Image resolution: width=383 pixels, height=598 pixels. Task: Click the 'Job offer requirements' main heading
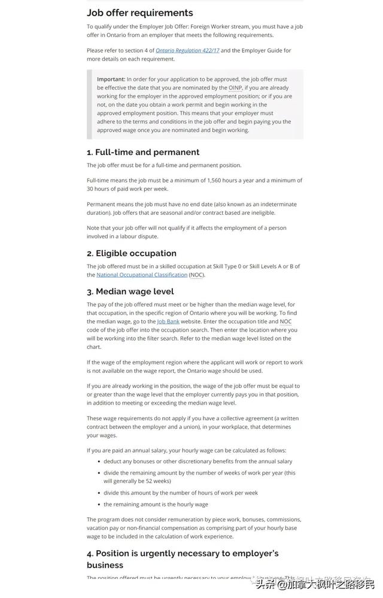point(140,13)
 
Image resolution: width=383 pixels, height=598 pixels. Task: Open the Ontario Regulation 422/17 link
point(187,51)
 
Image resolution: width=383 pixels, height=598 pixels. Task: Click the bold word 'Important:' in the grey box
point(111,79)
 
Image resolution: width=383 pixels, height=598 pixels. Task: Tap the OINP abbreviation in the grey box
point(235,87)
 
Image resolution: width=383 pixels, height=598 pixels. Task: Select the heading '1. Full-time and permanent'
point(143,152)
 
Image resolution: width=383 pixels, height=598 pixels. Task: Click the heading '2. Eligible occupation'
point(132,253)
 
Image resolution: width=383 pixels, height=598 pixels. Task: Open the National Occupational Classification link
point(142,275)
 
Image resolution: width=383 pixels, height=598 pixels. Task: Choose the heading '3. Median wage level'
point(130,292)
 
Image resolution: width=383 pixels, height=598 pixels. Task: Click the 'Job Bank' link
point(168,321)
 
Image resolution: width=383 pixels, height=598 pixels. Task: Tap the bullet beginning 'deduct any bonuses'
point(197,462)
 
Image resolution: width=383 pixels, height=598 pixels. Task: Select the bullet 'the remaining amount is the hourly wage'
point(156,504)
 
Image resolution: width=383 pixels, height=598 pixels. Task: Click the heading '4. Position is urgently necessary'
point(183,553)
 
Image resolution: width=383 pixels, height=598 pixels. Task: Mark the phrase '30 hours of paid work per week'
point(127,189)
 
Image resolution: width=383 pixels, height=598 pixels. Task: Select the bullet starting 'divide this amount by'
point(181,493)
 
